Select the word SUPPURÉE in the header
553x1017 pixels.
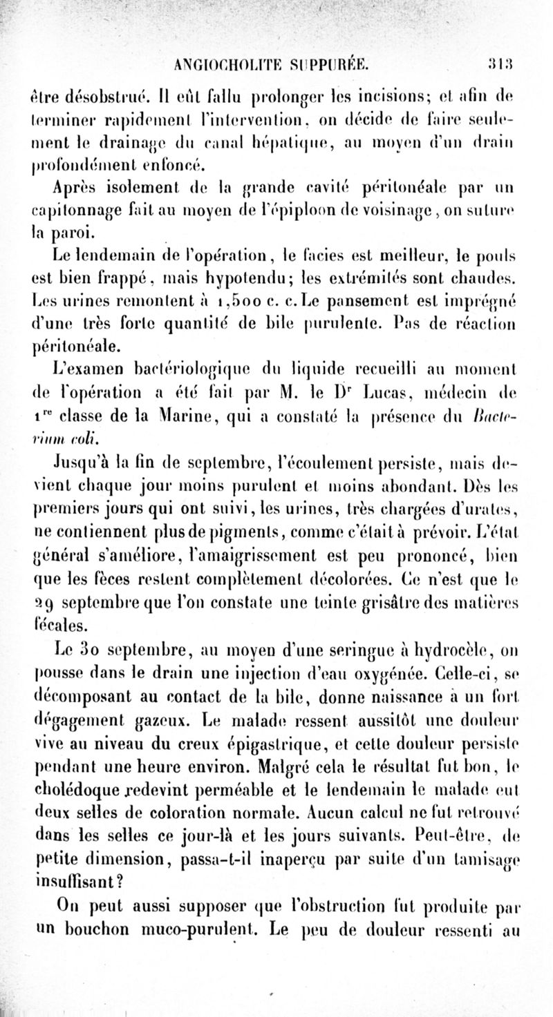(x=328, y=66)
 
